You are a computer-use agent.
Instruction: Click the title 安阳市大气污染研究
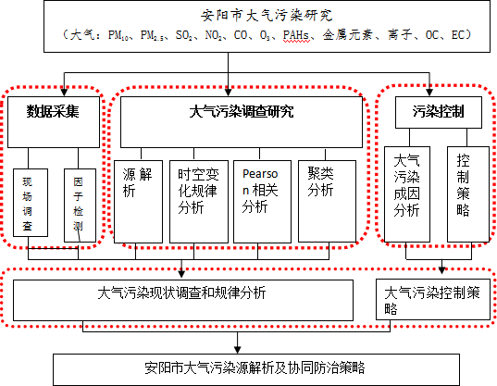pos(267,15)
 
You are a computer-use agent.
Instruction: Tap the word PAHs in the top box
pos(296,35)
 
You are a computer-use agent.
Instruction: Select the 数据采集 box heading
pos(53,111)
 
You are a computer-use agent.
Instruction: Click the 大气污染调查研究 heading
pos(242,112)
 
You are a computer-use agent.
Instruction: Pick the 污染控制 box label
pos(439,111)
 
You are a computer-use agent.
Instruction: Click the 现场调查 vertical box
pos(31,203)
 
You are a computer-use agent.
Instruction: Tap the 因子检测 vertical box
pos(80,205)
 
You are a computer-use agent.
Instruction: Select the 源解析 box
pos(138,202)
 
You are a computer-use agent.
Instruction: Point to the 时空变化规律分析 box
pos(199,202)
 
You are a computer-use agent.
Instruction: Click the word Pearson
pos(260,182)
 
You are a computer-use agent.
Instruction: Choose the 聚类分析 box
pos(327,201)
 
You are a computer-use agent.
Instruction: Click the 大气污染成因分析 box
pos(407,194)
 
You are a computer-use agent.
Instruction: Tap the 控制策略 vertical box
pos(468,194)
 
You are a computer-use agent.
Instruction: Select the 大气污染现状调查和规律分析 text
pos(181,293)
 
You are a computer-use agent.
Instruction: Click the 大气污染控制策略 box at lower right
pos(433,300)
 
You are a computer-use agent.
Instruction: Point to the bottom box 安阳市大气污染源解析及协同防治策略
pos(256,369)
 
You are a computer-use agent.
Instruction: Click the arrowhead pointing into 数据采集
pos(65,92)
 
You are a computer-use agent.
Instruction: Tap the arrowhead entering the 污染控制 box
pos(429,92)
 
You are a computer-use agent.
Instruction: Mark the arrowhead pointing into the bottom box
pos(238,350)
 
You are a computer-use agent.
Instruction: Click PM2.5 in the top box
pos(152,35)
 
